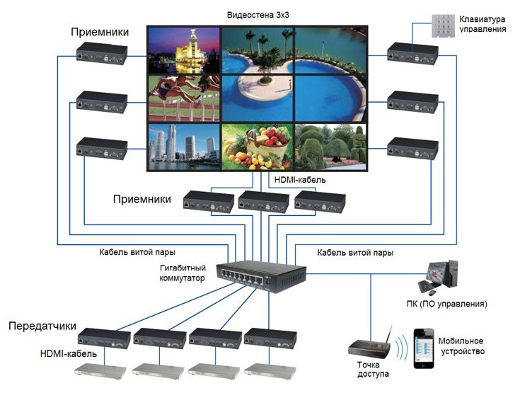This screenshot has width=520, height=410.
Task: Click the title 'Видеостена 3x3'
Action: click(x=259, y=15)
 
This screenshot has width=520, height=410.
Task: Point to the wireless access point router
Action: click(x=369, y=346)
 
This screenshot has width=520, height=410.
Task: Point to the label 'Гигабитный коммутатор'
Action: click(x=183, y=273)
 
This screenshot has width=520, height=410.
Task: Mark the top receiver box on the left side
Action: click(x=103, y=52)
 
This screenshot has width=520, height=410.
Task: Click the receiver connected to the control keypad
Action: click(x=412, y=52)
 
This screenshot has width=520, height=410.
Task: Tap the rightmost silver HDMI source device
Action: click(x=268, y=368)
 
